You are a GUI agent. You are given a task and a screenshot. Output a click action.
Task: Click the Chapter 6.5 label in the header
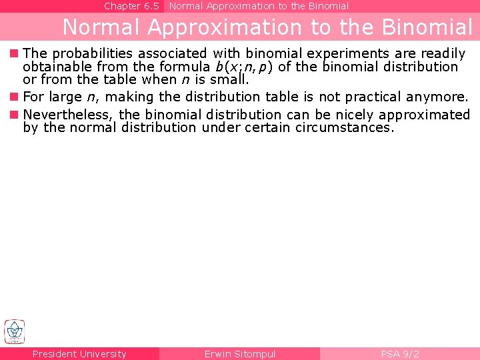click(131, 6)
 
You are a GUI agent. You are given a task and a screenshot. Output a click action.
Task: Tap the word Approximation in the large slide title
click(224, 27)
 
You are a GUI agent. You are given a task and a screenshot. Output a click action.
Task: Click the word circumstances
click(347, 127)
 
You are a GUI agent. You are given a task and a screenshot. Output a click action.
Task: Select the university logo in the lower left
click(15, 331)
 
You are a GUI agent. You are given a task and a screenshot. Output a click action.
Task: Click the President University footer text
click(79, 354)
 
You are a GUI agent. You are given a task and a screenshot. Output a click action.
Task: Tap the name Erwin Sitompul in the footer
click(239, 354)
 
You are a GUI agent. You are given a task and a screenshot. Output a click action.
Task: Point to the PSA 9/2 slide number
click(399, 354)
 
